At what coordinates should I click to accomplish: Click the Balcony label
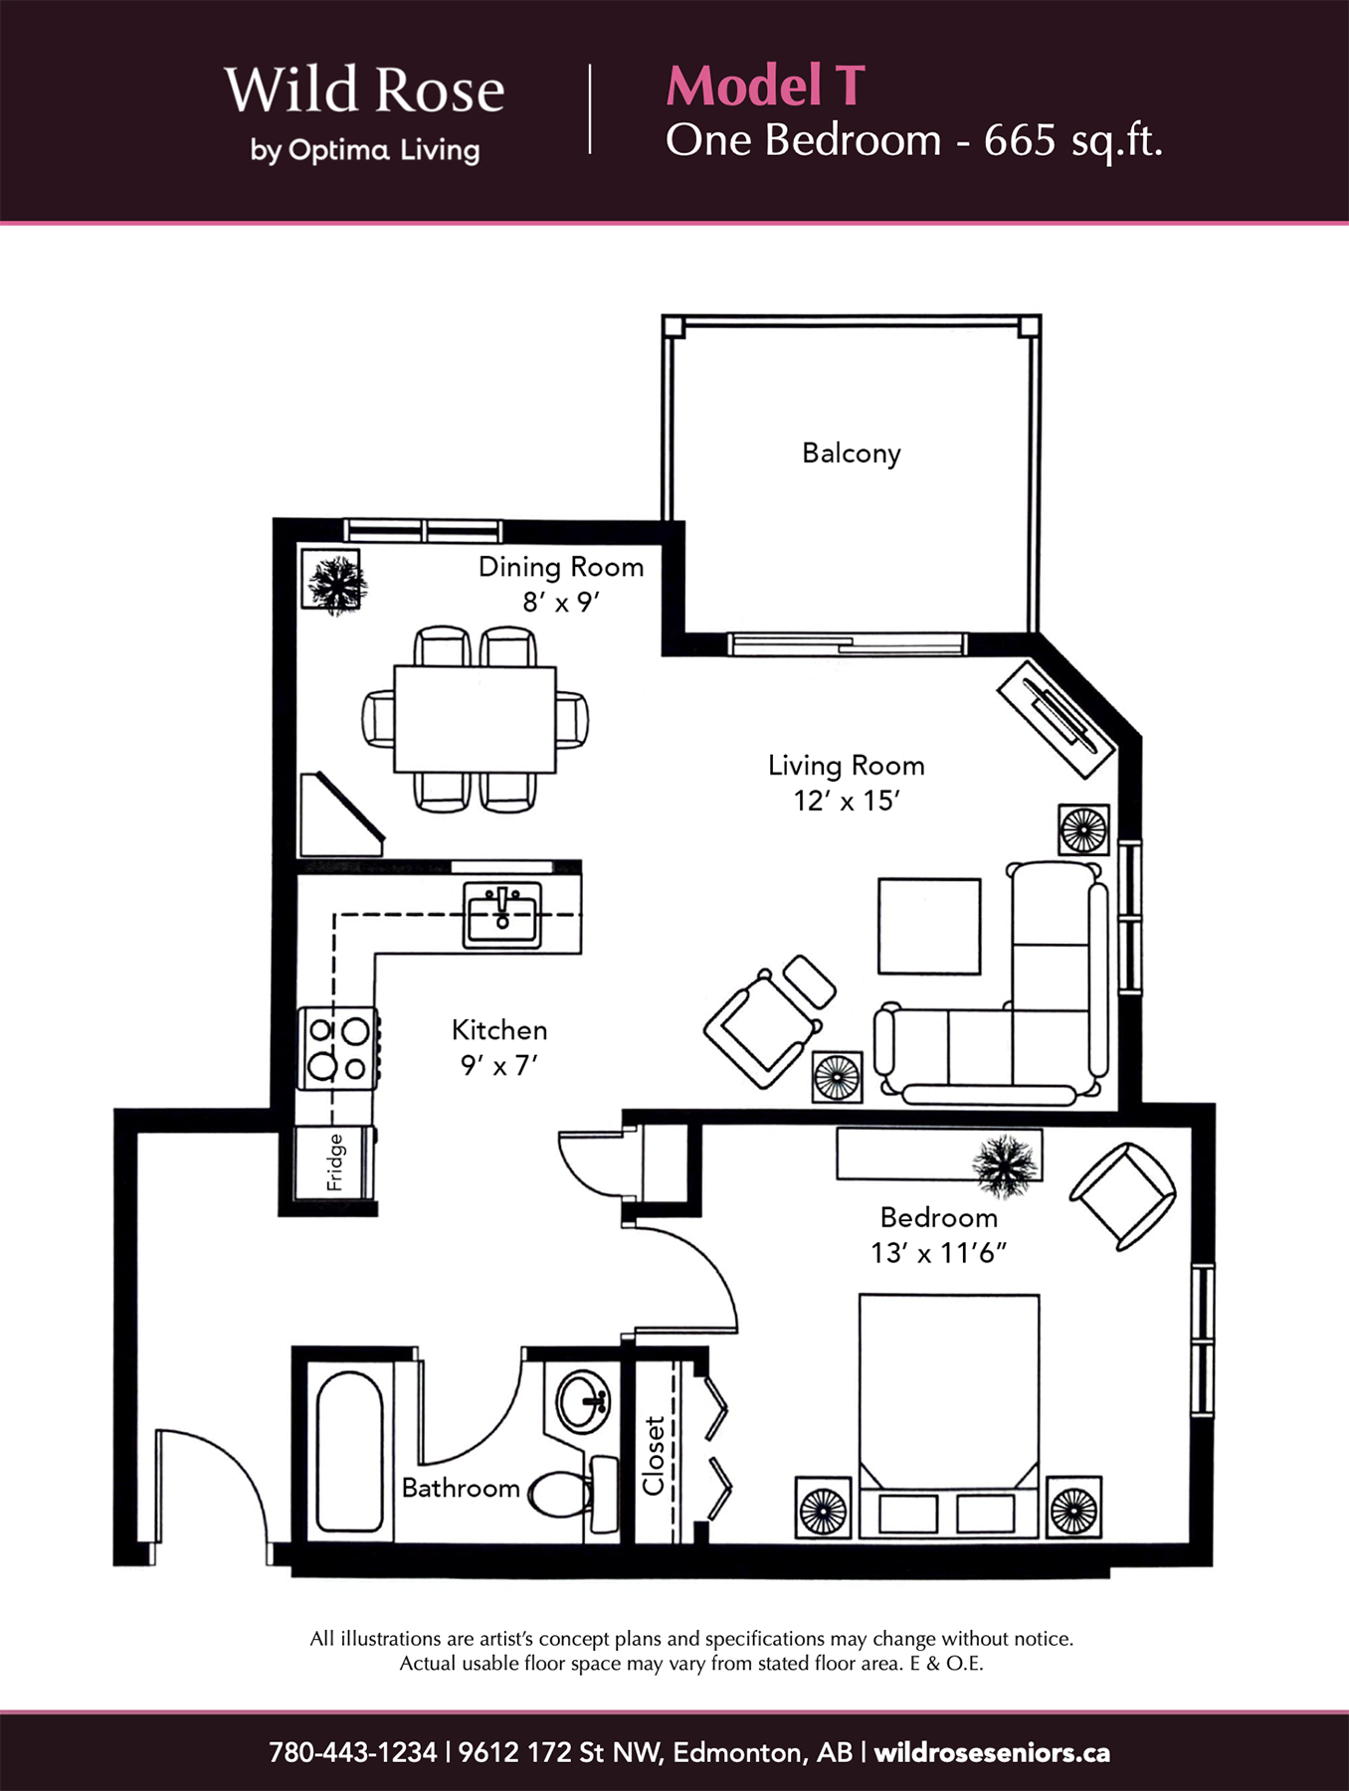pos(852,453)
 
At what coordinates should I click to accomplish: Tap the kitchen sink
pos(502,915)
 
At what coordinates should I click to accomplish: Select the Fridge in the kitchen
pos(335,1163)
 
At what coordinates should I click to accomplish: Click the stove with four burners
pos(338,1048)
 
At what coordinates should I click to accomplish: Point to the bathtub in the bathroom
pos(349,1452)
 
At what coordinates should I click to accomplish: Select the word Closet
pos(654,1456)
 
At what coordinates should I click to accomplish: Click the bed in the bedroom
pos(949,1417)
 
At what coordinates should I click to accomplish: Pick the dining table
pos(475,719)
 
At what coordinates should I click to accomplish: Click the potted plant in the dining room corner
pos(335,582)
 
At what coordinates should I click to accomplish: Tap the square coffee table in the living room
pos(929,926)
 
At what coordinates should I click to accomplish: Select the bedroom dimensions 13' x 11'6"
pos(938,1253)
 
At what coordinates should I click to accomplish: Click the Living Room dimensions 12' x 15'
pos(847,801)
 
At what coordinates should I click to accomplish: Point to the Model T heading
pos(765,86)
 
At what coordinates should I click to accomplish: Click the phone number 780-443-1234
pos(352,1752)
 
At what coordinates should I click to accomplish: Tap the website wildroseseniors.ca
pos(992,1752)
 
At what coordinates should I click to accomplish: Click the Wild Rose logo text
pos(364,90)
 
